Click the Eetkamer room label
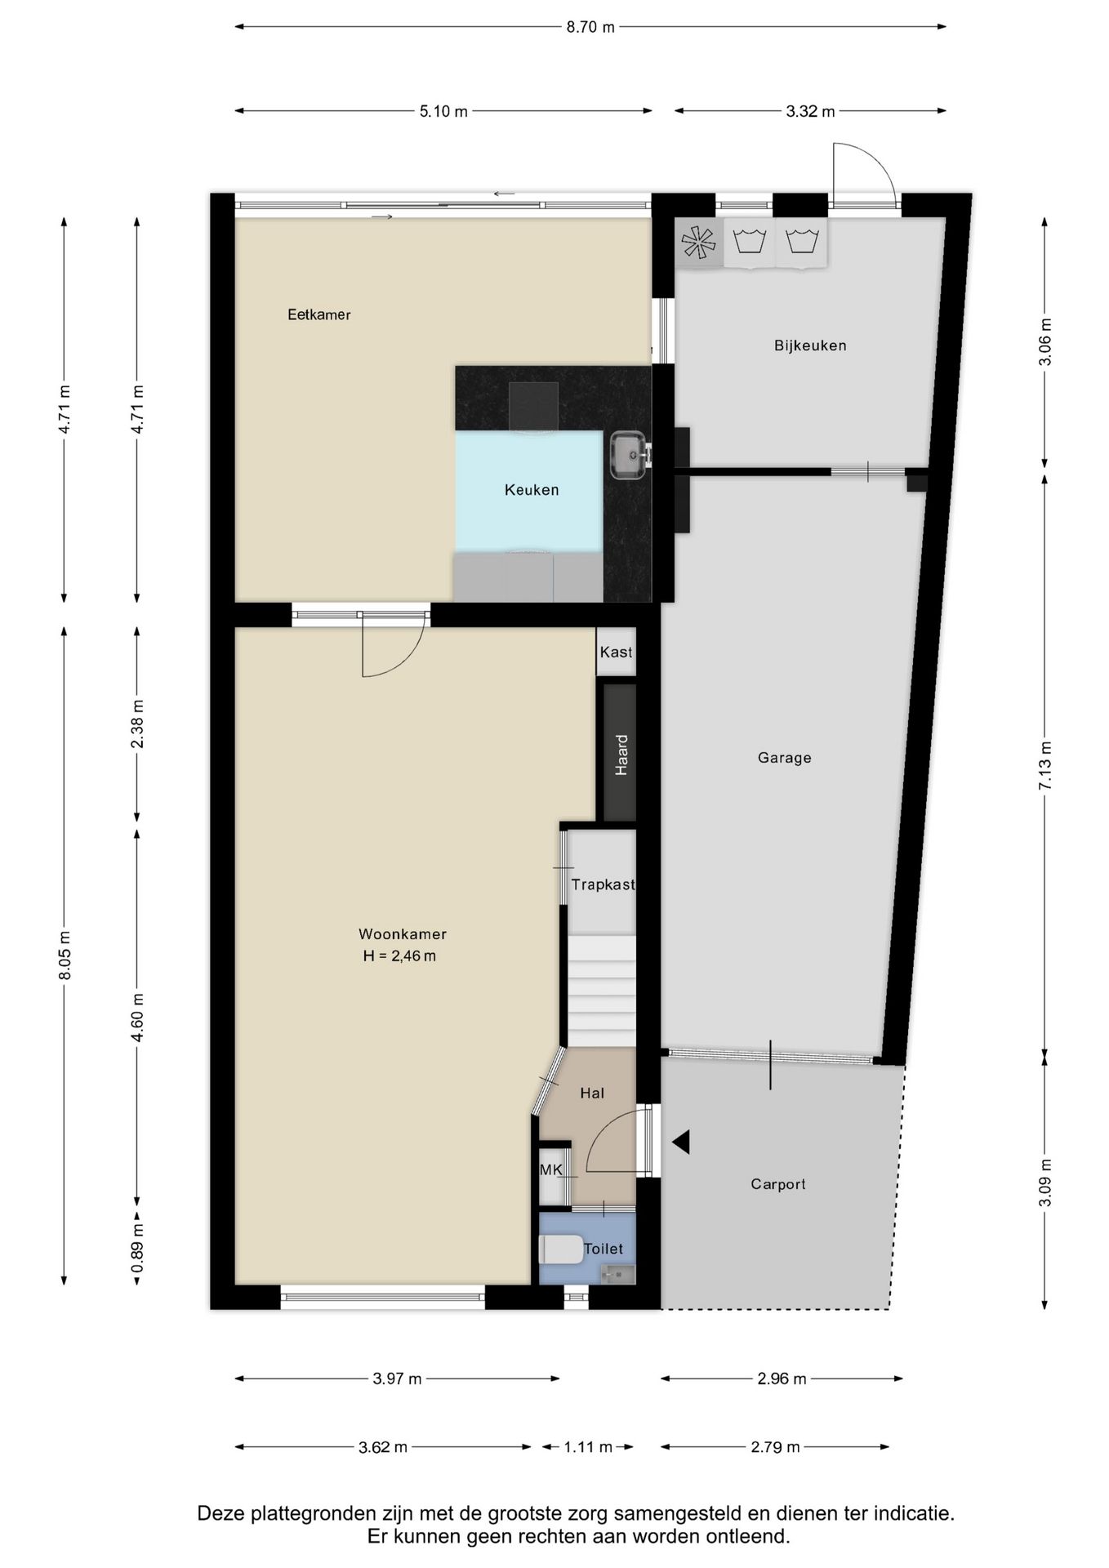[318, 314]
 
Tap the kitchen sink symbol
[630, 455]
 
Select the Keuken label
[532, 490]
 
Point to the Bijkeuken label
[810, 345]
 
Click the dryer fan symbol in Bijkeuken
[699, 242]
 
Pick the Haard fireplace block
[620, 753]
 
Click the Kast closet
[616, 652]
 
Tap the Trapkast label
[603, 884]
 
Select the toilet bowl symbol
[561, 1249]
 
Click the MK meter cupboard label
[551, 1169]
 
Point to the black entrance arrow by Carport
[681, 1142]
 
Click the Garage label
[785, 758]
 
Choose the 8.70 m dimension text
[590, 27]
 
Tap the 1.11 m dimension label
[588, 1447]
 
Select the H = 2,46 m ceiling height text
[399, 955]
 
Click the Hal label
[592, 1093]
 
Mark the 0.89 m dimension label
[138, 1247]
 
